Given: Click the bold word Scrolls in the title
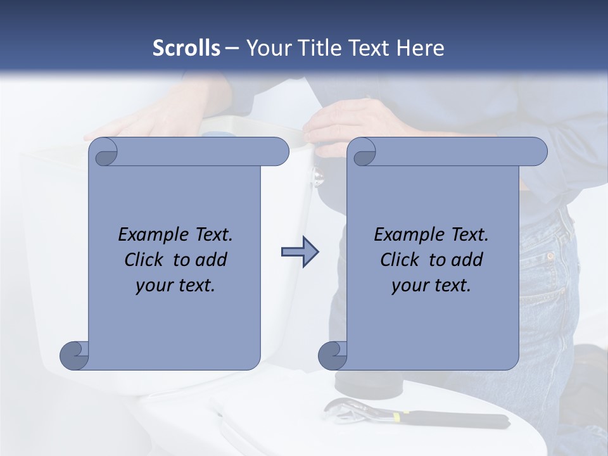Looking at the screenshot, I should pos(186,47).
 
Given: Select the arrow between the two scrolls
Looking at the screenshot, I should pos(300,252).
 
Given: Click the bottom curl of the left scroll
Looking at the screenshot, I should pos(75,355).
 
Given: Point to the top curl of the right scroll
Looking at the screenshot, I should pos(364,152).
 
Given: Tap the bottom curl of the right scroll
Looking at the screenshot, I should pos(333,355).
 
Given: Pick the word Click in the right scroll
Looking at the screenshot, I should pos(399,260).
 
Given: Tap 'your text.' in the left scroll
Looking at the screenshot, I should pos(175,285).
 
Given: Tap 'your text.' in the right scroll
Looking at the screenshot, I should pos(431,285).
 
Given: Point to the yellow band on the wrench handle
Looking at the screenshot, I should pos(397,416).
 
